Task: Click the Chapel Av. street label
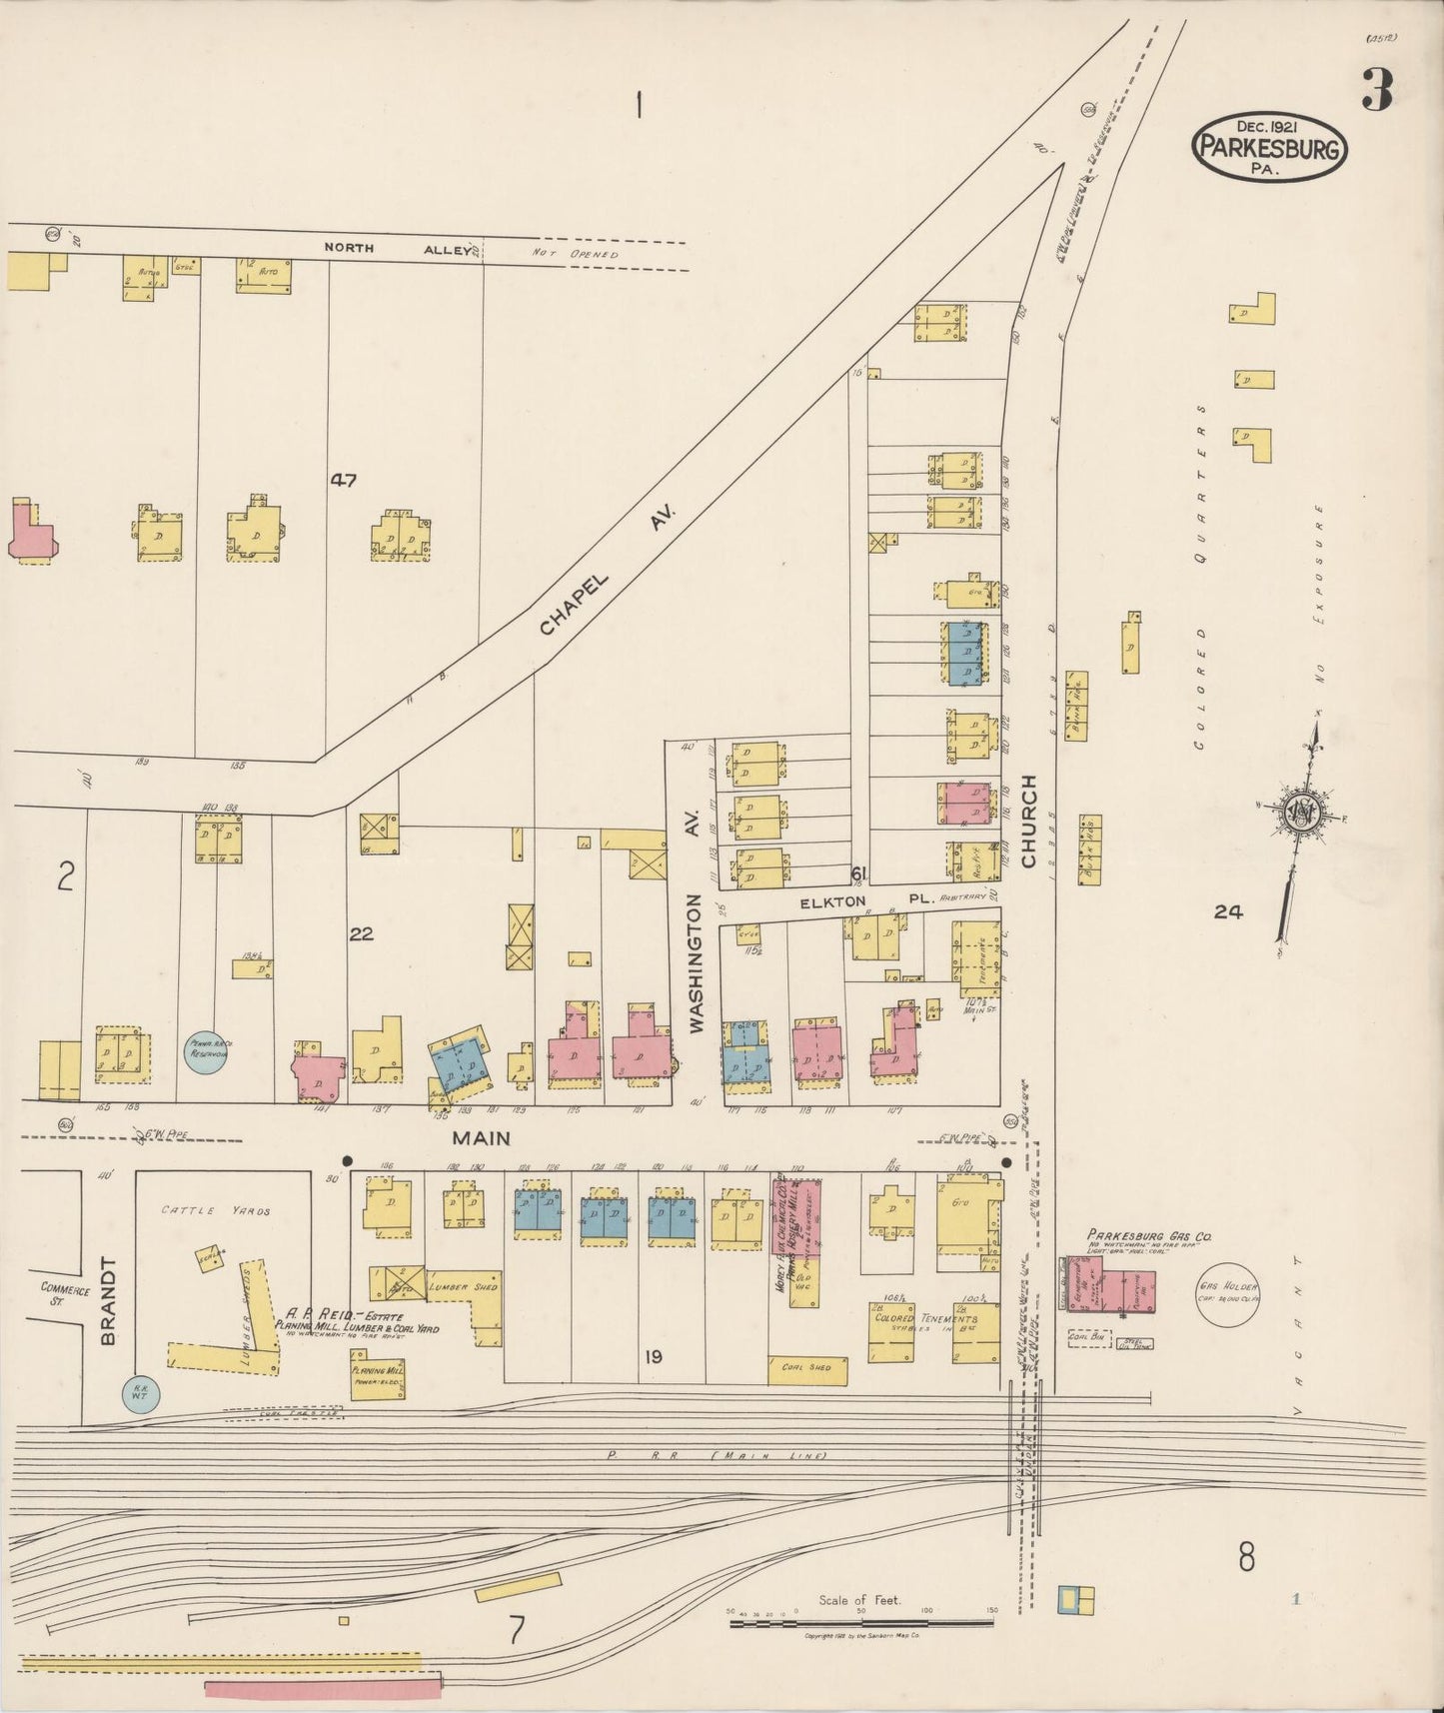click(608, 570)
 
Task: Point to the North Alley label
click(397, 249)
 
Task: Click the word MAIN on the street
click(481, 1137)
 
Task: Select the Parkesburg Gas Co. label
click(1149, 1235)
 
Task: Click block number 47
click(344, 480)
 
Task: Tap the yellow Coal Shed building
click(806, 1369)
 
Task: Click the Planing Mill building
click(378, 1373)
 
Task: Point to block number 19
click(653, 1356)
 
